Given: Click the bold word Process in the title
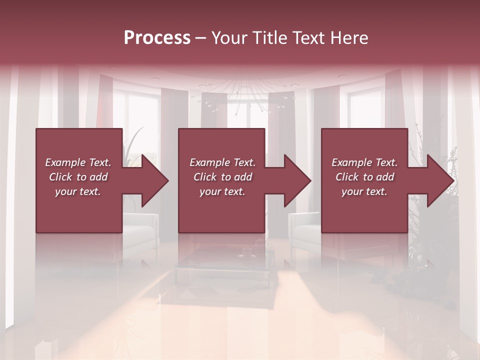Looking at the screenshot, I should [157, 38].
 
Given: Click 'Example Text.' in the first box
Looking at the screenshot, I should [78, 162].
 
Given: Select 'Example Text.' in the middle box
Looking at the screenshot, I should [222, 162].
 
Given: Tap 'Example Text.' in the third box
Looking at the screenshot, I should [364, 162].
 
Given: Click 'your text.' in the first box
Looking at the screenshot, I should [78, 191].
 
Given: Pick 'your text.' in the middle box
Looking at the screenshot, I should [222, 191].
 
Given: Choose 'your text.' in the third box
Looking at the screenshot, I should [364, 191].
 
